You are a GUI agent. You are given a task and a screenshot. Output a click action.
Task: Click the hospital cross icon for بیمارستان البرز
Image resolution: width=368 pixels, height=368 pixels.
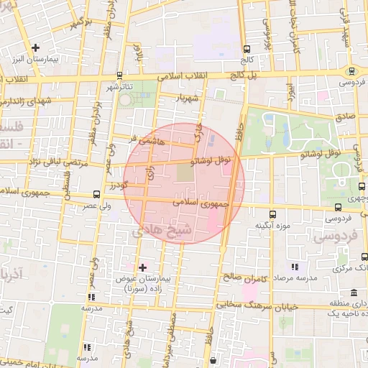pyautogui.click(x=35, y=47)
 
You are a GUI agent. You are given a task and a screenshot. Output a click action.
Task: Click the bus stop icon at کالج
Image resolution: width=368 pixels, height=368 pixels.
pyautogui.click(x=247, y=50)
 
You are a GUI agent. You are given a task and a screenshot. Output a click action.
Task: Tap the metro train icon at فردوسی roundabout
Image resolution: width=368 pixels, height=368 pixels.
pyautogui.click(x=351, y=72)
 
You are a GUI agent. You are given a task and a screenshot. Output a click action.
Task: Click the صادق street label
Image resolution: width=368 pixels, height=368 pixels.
pyautogui.click(x=344, y=114)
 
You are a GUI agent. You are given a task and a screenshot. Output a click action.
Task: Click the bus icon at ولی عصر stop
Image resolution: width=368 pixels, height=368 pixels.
pyautogui.click(x=97, y=194)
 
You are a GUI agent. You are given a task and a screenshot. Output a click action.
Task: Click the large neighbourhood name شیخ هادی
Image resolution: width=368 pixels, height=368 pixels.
pyautogui.click(x=160, y=231)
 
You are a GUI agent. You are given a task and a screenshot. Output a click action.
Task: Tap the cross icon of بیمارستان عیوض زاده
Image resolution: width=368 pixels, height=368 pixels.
pyautogui.click(x=142, y=267)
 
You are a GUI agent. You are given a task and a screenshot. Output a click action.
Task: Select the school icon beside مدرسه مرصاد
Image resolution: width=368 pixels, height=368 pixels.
pyautogui.click(x=294, y=267)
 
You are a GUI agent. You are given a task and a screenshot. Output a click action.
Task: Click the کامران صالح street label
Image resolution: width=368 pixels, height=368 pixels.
pyautogui.click(x=244, y=277)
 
